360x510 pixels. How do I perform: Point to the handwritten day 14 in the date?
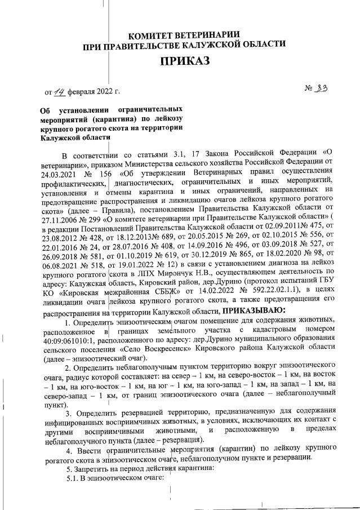[58, 90]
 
